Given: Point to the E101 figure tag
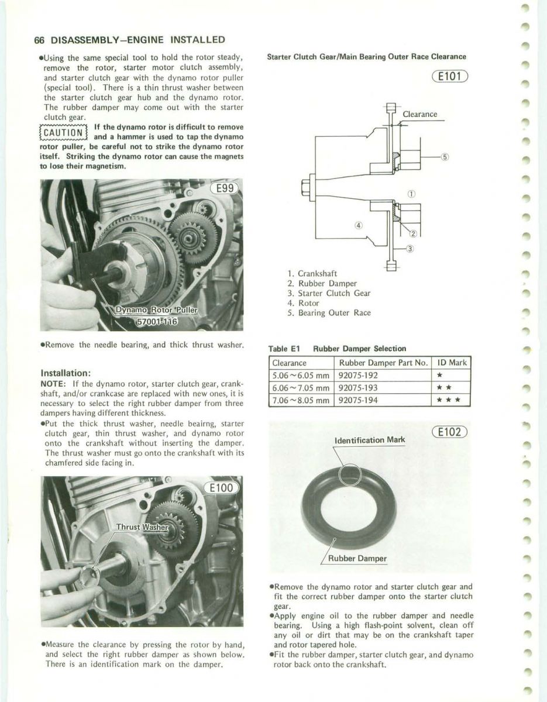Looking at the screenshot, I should pos(451,76).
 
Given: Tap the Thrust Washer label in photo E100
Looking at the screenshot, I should pos(143,526).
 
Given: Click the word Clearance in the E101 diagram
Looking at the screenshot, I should pos(420,115).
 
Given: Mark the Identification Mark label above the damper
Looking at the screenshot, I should pos(369,440).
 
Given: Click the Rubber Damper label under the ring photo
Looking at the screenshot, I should pos(357,558).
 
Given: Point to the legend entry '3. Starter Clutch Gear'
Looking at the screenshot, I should pos(329,293).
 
